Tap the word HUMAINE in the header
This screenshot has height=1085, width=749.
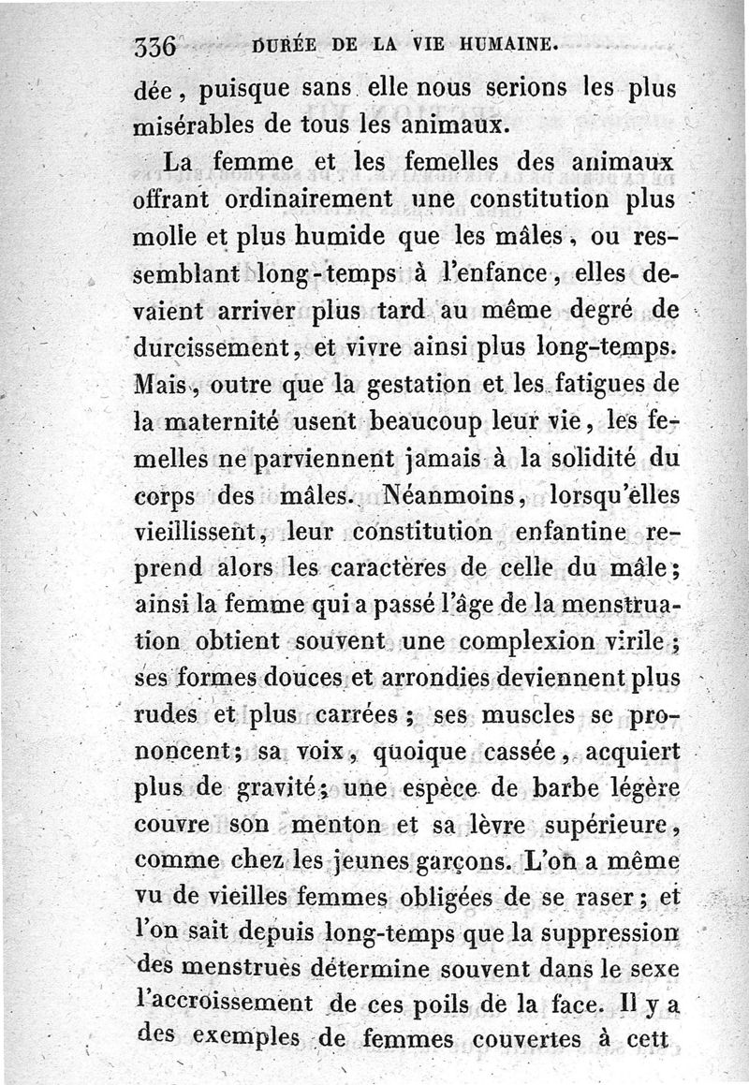coord(508,43)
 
